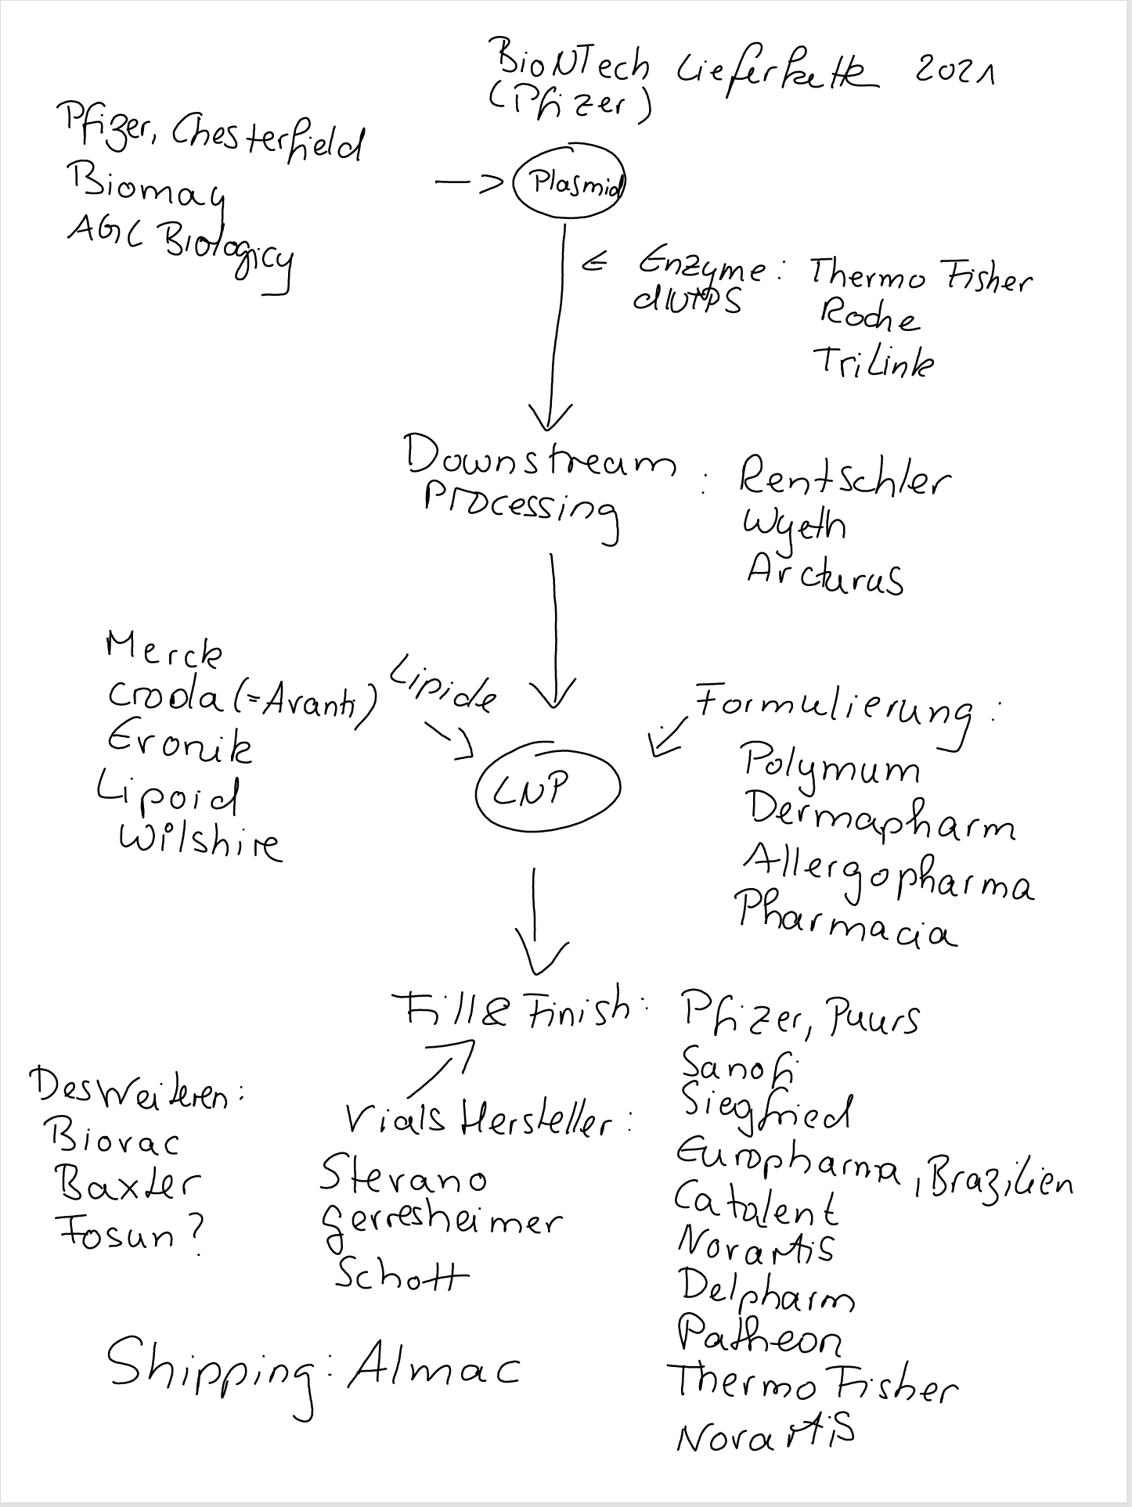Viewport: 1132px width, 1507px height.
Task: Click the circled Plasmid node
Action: coord(569,185)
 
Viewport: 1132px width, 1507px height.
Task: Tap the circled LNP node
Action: coord(547,789)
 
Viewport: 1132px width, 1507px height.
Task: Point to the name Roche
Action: coord(869,317)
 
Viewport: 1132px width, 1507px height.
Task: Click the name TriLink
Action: coord(874,362)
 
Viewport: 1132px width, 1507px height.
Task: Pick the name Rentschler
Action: coord(845,479)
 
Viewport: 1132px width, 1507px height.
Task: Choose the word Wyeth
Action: coord(794,526)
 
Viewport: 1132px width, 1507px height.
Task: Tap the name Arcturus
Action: coord(825,575)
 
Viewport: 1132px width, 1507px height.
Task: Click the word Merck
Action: coord(164,650)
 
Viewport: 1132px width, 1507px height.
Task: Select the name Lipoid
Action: coord(168,796)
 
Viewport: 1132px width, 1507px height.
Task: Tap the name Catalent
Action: coord(756,1203)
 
